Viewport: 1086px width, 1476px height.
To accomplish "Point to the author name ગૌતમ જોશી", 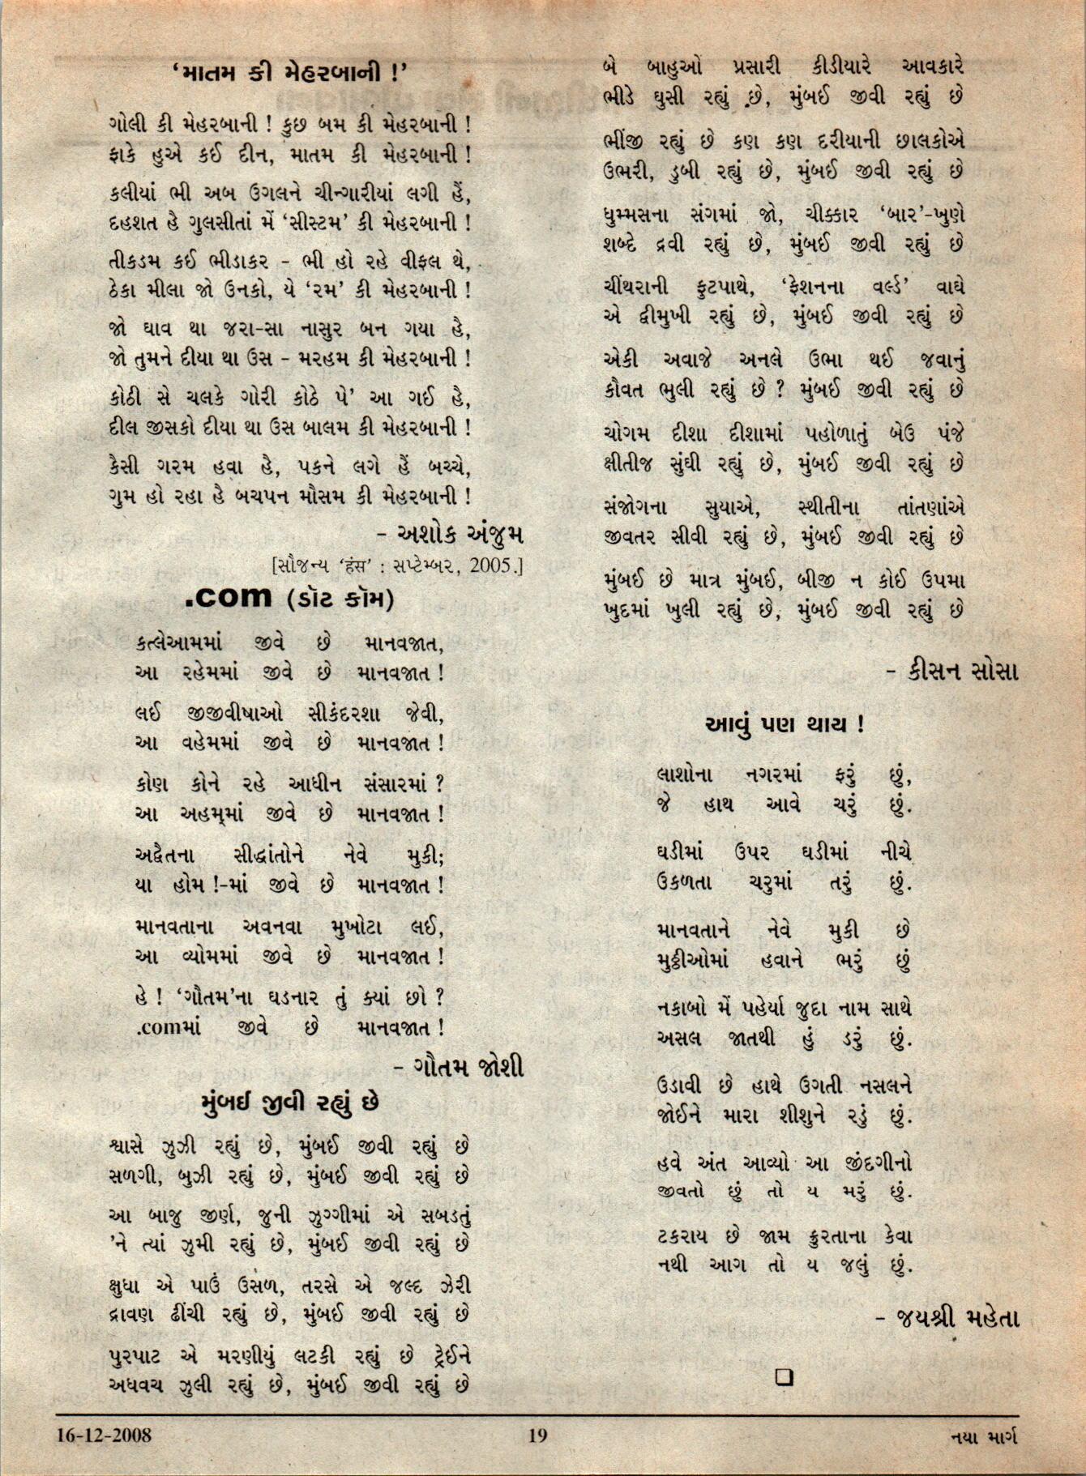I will pyautogui.click(x=468, y=1066).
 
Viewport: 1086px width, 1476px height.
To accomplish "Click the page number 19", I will pyautogui.click(x=537, y=1436).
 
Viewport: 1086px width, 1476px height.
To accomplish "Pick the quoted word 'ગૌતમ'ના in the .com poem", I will pyautogui.click(x=212, y=996).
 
